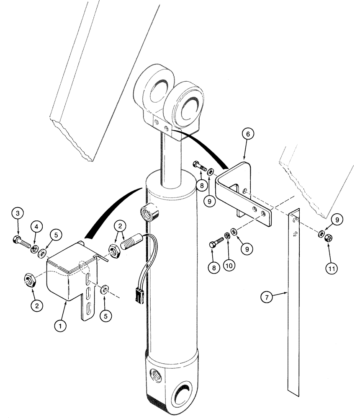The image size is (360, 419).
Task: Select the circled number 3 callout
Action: [x=18, y=214]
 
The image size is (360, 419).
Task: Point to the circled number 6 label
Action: [x=247, y=134]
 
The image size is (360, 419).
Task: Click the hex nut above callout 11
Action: [x=329, y=239]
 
